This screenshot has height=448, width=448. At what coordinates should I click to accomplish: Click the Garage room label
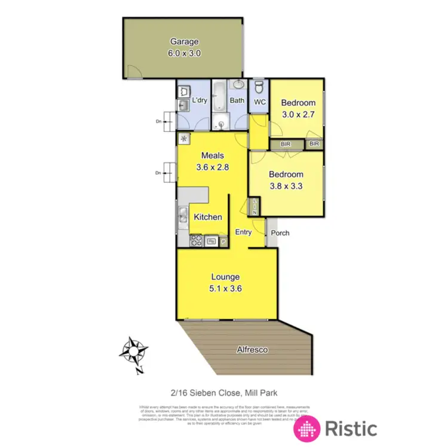184,42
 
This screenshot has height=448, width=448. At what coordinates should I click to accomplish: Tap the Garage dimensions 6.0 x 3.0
184,53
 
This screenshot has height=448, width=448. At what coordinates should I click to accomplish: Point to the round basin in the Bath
238,84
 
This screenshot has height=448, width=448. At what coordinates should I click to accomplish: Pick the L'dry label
198,100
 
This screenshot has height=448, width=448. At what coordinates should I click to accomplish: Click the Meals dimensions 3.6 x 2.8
213,167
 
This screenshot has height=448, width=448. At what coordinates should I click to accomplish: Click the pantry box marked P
224,241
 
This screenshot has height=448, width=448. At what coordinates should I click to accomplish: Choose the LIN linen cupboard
254,207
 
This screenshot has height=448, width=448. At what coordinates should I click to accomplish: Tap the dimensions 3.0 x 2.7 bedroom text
298,113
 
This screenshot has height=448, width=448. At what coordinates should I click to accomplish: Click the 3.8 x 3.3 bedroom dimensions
286,185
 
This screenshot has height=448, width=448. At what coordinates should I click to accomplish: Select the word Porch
280,232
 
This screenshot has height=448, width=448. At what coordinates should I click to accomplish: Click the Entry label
243,232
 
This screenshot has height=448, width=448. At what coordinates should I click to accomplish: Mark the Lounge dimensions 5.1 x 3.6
225,288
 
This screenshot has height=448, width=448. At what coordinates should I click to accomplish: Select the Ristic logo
336,428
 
